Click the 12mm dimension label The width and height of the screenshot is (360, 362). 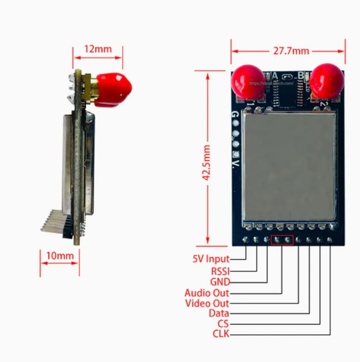[98, 49]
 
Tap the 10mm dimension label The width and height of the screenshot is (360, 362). [60, 256]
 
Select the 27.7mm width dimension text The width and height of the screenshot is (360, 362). [291, 51]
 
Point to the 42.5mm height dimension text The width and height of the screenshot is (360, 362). [207, 162]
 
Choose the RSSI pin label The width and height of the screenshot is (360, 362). [220, 271]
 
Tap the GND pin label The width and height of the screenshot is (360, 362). [220, 282]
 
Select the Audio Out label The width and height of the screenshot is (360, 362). [207, 293]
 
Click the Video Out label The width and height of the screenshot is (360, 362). [207, 303]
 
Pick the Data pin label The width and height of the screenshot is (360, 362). [219, 313]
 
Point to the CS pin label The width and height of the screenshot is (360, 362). [223, 324]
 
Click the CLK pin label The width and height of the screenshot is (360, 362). [221, 334]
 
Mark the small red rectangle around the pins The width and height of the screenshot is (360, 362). [282, 240]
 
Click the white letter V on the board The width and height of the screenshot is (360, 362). [235, 165]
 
